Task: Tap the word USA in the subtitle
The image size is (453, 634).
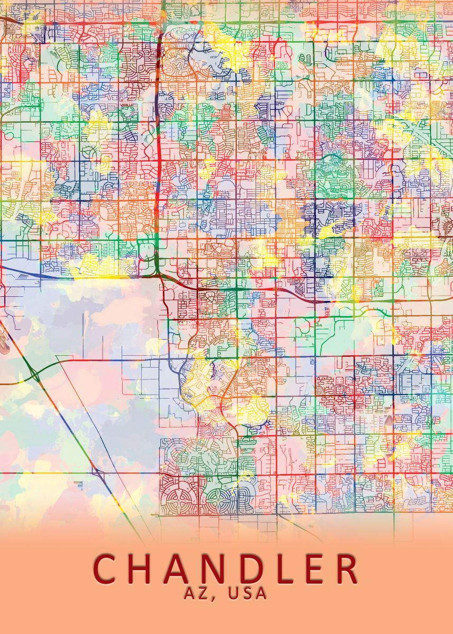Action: point(248,593)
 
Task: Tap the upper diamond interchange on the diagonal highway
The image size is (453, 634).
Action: point(35,375)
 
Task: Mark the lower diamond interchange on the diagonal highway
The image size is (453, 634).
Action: point(96,470)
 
